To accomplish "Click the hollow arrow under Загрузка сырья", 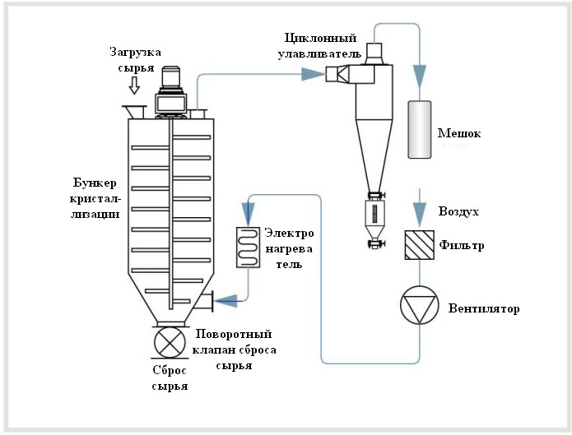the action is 135,86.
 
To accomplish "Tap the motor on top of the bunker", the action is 170,92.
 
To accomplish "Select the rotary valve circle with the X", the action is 170,342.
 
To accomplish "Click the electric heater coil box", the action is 248,248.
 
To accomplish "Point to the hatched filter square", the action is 420,245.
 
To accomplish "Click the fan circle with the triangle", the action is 419,305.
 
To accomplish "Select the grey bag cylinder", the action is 420,129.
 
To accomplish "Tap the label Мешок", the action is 459,133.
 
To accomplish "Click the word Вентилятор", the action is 484,308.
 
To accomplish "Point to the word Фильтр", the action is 462,245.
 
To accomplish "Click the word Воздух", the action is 458,211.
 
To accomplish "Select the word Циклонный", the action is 320,38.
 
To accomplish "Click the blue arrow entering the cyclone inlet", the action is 314,74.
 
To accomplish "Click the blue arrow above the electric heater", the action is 248,213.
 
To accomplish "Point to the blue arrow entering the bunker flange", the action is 226,301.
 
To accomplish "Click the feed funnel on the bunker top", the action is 134,112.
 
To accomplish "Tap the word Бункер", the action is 95,183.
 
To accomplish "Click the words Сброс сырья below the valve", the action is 170,378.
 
